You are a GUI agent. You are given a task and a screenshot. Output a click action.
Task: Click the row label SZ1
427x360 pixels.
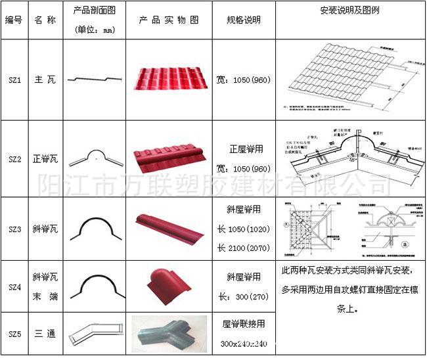pos(14,80)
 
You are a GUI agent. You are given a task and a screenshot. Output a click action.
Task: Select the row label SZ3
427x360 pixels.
pos(14,229)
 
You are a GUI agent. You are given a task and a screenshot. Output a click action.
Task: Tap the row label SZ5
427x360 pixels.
pos(14,334)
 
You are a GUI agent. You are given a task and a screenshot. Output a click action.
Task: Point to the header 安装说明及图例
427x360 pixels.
pos(349,11)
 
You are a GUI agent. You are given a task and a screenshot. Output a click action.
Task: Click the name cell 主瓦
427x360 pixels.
pos(45,80)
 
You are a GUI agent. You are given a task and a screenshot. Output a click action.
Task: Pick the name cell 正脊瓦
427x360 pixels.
pos(45,158)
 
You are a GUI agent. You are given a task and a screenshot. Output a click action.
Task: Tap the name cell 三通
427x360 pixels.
pos(45,334)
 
